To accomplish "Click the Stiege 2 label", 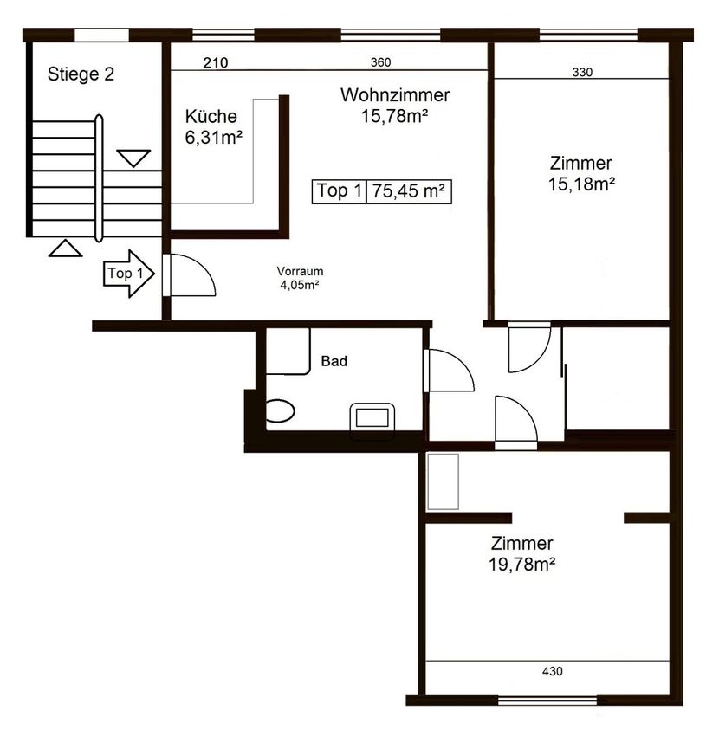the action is [81, 74].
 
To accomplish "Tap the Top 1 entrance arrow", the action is [129, 273].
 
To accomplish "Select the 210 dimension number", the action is [216, 62].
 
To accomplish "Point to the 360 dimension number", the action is [380, 62].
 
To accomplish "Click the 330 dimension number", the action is [582, 72].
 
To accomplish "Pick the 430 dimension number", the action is [553, 671].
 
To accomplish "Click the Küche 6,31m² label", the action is [213, 126].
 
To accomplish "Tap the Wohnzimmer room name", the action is [395, 95].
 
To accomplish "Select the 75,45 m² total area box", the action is [409, 191].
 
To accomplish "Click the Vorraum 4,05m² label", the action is [300, 278].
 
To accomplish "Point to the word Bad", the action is [334, 361].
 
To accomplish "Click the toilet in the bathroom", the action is [280, 410].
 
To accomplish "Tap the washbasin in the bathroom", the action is [372, 417].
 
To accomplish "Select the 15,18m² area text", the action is [581, 184].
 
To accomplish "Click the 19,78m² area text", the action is [521, 565].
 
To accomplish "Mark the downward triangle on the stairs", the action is [133, 158].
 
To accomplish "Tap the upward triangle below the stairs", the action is [65, 249].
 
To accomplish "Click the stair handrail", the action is [99, 178].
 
